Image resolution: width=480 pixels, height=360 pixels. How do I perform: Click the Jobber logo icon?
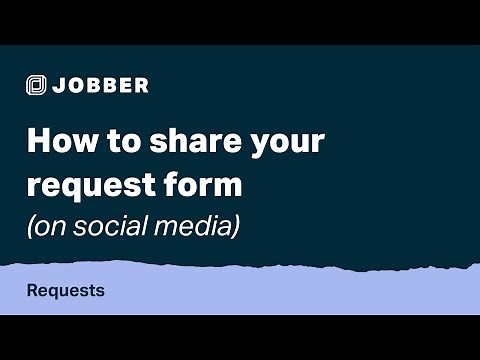pyautogui.click(x=37, y=85)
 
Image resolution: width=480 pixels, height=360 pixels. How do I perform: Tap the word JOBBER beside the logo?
pyautogui.click(x=102, y=85)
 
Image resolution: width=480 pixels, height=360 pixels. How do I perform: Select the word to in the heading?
pyautogui.click(x=113, y=140)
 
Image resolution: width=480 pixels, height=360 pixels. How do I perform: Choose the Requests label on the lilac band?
pyautogui.click(x=66, y=292)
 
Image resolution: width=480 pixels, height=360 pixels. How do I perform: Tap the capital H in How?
pyautogui.click(x=36, y=140)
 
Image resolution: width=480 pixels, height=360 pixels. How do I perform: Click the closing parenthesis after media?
pyautogui.click(x=236, y=227)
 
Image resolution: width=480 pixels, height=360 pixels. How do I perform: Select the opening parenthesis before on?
pyautogui.click(x=30, y=227)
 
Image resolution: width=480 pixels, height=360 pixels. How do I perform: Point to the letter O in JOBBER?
pyautogui.click(x=77, y=85)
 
